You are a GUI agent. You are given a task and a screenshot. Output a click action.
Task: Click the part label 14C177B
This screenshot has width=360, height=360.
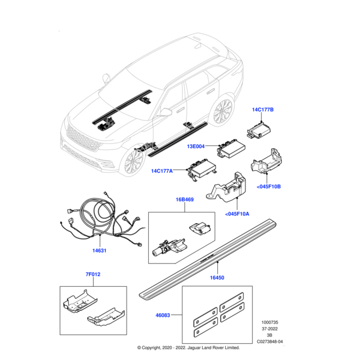(x=262, y=110)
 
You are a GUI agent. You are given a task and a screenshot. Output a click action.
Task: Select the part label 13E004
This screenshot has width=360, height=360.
(x=196, y=146)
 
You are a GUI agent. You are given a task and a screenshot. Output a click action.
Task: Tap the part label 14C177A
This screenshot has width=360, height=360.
(x=163, y=171)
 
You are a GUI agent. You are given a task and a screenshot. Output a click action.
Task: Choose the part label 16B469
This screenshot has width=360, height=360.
(x=184, y=199)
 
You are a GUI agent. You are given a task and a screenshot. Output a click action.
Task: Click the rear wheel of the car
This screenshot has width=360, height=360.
(x=223, y=112)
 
